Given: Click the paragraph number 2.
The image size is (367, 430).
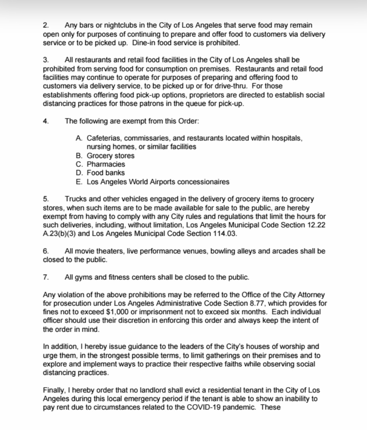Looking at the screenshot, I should coord(45,25).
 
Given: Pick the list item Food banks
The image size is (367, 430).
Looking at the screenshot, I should coord(106,173).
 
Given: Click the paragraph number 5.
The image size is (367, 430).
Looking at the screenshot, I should coord(45,199).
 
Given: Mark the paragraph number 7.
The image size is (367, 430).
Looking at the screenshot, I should coord(45,277).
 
